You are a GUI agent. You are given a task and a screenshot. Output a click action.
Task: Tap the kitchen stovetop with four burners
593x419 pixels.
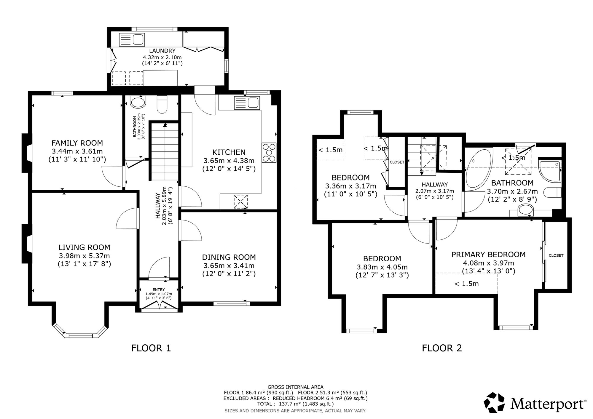coord(269,153)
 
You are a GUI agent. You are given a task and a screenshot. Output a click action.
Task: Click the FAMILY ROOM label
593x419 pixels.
coord(77,143)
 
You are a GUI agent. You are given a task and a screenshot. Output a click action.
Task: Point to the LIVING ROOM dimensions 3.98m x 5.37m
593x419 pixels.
coord(84,256)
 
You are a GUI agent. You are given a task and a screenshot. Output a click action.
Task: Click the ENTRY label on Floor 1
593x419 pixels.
coord(159,290)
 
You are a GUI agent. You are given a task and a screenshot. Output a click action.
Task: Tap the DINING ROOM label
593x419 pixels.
coord(229,257)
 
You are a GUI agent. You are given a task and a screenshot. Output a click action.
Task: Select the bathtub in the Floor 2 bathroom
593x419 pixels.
coord(478,169)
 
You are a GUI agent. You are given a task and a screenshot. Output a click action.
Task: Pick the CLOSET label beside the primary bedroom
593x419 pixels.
coord(556,255)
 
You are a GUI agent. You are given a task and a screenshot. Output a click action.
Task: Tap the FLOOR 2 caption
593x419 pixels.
coord(442,348)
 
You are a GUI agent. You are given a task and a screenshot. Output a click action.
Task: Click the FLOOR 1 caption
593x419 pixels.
coord(151,348)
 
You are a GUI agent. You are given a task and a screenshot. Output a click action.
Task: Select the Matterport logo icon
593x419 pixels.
coord(494,402)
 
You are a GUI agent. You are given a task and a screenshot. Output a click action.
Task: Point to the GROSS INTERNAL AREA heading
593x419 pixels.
coord(295,387)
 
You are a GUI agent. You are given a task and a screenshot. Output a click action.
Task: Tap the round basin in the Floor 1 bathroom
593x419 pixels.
coord(138,103)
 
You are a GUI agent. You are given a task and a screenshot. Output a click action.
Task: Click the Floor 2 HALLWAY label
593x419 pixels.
coord(435,184)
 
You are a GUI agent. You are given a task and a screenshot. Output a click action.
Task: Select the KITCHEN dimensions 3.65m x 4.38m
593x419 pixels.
coord(229,161)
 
